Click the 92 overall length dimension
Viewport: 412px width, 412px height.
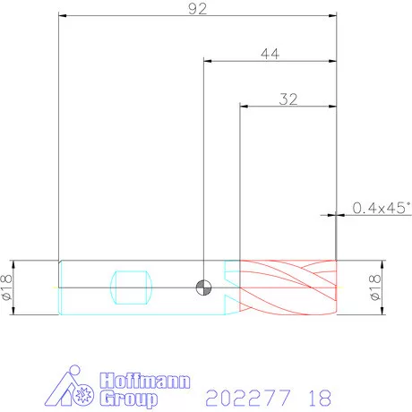[x=197, y=9]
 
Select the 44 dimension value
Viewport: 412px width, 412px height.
[x=270, y=54]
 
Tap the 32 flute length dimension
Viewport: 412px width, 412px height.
[x=288, y=99]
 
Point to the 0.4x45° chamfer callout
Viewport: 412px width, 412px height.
[x=382, y=208]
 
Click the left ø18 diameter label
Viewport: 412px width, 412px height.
[x=7, y=288]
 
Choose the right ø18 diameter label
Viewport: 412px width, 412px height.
[x=375, y=288]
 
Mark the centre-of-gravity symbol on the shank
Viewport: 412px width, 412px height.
[x=203, y=288]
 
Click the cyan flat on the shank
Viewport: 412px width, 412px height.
[x=131, y=288]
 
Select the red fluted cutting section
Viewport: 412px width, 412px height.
[x=288, y=288]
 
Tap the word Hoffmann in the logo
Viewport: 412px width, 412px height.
[x=145, y=381]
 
